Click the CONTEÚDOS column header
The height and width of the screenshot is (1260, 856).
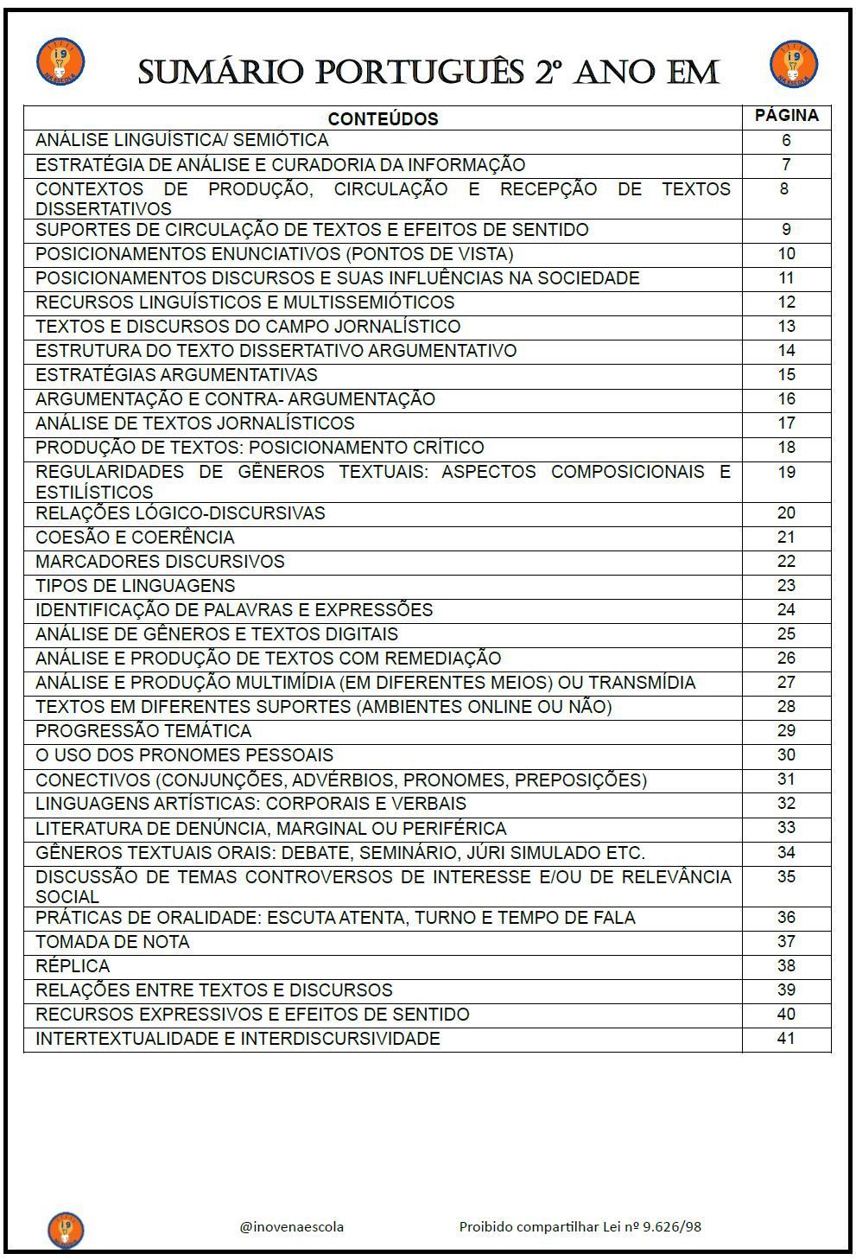[383, 119]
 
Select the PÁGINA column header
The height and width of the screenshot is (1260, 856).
[786, 115]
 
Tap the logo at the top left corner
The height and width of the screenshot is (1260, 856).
[60, 61]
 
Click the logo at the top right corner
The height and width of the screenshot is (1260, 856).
[794, 63]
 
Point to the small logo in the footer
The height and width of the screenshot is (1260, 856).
[66, 1230]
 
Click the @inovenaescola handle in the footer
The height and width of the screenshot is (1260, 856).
[292, 1226]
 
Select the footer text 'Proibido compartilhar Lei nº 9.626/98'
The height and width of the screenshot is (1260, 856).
[580, 1226]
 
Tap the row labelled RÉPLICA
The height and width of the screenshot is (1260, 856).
[73, 966]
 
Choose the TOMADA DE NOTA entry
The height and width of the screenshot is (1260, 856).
[112, 942]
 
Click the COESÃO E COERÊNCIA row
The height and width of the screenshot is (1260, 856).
[135, 538]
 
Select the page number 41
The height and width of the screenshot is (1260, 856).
[785, 1038]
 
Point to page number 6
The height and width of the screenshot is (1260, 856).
[785, 140]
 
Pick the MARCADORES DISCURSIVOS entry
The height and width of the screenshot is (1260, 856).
[160, 562]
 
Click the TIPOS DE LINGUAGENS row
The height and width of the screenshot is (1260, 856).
[135, 586]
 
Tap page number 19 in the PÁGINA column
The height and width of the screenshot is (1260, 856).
[785, 472]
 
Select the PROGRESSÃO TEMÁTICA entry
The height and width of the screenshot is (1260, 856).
[143, 731]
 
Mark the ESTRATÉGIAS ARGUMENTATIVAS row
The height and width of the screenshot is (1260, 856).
[176, 375]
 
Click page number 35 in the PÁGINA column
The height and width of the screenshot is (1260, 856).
[785, 876]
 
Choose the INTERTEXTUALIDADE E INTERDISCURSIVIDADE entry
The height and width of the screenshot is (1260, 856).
[238, 1039]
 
